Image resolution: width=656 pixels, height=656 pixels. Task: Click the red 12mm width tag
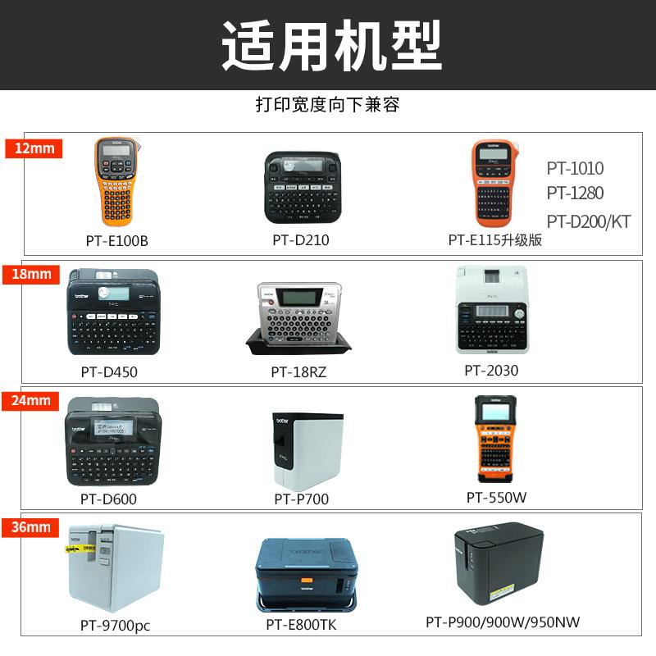coord(34,148)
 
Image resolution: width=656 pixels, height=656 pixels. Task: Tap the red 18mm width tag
coord(32,274)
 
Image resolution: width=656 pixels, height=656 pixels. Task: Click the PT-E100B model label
coord(116,241)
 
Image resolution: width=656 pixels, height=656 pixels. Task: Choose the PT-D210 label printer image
coord(302,189)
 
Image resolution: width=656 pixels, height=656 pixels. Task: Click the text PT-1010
coord(575,168)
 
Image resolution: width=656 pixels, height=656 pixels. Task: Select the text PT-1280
coord(575,193)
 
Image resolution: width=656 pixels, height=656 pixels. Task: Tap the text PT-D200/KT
coord(588,221)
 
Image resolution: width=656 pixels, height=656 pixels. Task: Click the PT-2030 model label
coord(491,371)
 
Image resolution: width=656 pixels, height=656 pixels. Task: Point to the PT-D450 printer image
coord(114,312)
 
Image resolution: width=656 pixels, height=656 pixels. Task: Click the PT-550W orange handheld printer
coord(494,438)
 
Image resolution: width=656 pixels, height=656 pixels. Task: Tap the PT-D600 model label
coord(108,499)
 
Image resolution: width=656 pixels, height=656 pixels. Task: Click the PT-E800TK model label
coord(301,625)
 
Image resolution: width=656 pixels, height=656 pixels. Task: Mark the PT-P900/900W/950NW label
coord(503,622)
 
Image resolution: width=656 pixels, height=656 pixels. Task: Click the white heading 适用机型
coord(331,45)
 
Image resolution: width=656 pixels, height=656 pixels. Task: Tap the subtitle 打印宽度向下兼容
coord(327,105)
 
